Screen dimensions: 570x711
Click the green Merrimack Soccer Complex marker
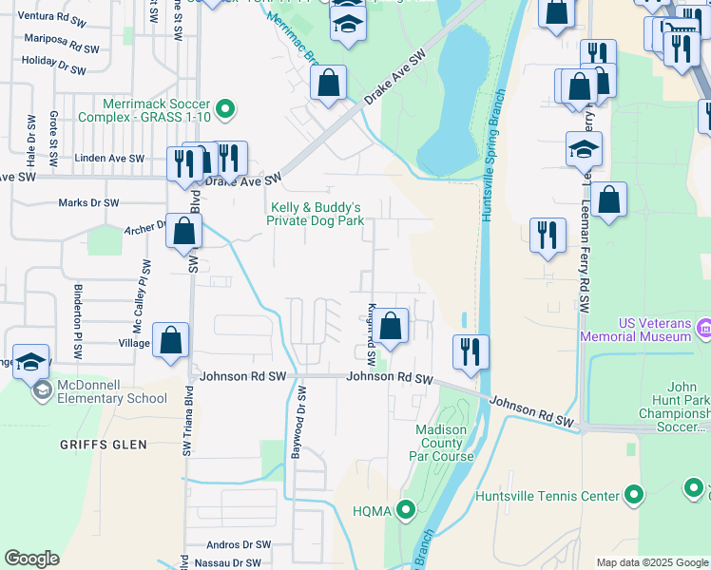click(x=225, y=110)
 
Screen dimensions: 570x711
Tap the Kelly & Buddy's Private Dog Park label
click(x=317, y=214)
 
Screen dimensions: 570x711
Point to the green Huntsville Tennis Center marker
click(x=634, y=495)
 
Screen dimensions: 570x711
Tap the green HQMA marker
click(x=406, y=511)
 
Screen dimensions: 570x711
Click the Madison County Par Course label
click(x=442, y=443)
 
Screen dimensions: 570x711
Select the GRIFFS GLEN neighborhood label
click(x=104, y=445)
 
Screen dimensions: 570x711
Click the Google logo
click(x=31, y=558)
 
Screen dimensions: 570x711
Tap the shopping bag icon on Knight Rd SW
click(x=390, y=328)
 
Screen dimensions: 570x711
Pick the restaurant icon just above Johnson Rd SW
click(x=471, y=351)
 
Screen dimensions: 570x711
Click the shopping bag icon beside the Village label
click(x=170, y=342)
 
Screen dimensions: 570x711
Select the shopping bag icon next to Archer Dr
click(x=183, y=231)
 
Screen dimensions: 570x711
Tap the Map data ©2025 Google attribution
click(x=651, y=562)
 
